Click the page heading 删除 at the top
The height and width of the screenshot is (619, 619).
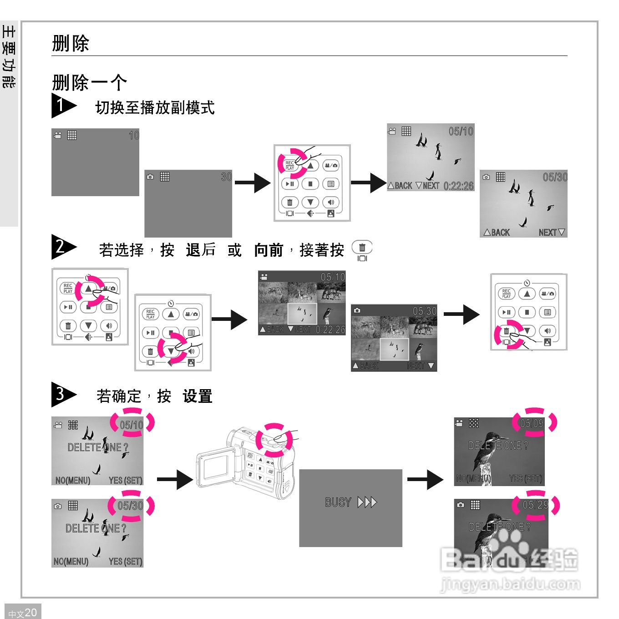[71, 44]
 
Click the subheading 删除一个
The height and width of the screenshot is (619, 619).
[89, 83]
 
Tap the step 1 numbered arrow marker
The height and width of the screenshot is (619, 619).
[63, 106]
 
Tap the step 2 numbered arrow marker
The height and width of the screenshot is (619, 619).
[63, 247]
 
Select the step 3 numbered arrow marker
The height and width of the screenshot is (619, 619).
[63, 394]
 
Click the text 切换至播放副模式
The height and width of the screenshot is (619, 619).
[155, 108]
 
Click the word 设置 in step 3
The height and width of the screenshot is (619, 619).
[198, 396]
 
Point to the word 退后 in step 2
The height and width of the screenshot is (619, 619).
[200, 250]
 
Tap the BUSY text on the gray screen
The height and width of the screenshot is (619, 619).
[338, 502]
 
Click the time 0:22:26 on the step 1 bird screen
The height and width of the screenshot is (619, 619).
[458, 186]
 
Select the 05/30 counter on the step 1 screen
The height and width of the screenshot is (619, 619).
[555, 177]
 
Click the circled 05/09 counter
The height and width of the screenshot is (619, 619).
[532, 423]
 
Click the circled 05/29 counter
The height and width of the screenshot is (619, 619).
[535, 505]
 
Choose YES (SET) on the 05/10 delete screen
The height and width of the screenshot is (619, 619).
[125, 480]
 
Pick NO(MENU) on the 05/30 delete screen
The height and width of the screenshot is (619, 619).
[71, 561]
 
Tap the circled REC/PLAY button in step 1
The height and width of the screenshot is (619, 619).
[290, 165]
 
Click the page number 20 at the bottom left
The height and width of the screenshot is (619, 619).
[30, 612]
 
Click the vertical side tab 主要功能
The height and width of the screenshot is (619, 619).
[9, 57]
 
